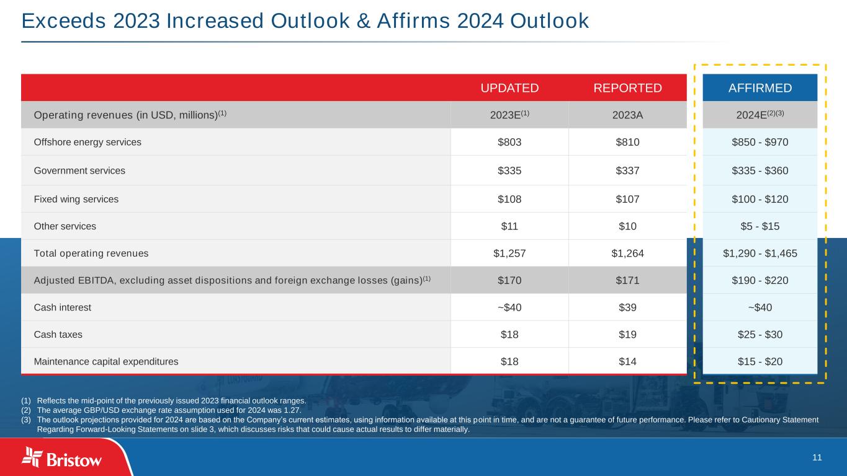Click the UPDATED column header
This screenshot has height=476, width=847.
(509, 88)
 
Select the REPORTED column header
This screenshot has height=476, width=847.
(627, 88)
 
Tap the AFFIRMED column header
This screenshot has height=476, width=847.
(760, 88)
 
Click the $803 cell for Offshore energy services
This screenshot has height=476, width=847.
(509, 142)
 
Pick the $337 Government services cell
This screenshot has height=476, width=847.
(627, 170)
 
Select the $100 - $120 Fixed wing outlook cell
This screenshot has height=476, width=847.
(760, 199)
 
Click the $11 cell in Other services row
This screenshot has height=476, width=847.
(509, 226)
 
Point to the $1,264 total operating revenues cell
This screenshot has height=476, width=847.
(627, 253)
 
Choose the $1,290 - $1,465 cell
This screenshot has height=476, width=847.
(760, 253)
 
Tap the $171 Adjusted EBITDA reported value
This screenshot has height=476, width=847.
(627, 280)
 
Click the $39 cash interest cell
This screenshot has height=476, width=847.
(627, 307)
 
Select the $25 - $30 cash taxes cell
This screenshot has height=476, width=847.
(760, 334)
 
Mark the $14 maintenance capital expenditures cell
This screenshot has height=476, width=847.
(627, 361)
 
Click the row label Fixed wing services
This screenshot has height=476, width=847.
(76, 199)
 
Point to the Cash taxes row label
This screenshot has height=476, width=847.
(58, 334)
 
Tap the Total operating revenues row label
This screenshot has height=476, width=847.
(91, 253)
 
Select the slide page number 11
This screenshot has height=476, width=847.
(817, 457)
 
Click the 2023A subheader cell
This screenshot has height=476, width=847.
(627, 115)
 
